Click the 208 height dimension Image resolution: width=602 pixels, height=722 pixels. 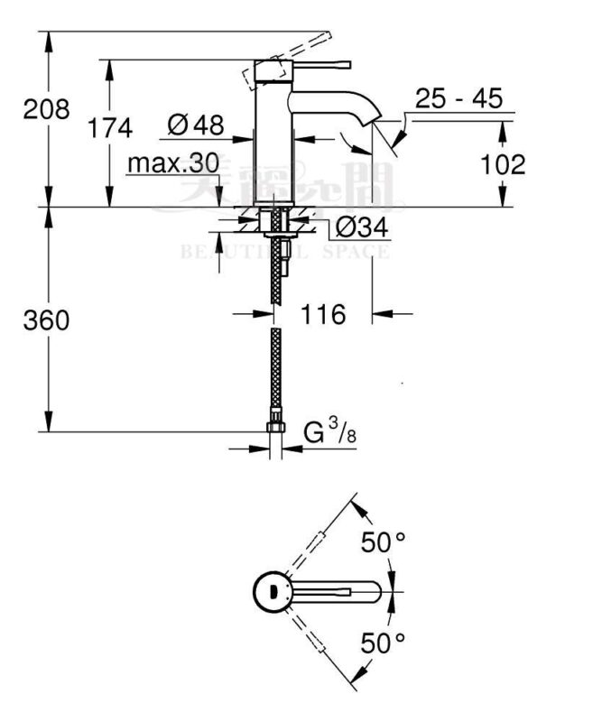point(46,109)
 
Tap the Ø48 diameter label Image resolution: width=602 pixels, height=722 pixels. point(196,125)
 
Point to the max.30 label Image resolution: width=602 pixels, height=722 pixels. point(171,164)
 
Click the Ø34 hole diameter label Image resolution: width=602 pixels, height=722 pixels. point(362,227)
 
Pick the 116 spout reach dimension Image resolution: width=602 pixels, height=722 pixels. point(323,314)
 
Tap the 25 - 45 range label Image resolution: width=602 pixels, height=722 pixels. point(458,99)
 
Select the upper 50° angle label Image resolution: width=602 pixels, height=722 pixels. point(384,542)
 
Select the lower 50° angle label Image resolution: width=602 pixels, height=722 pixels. point(384,643)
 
